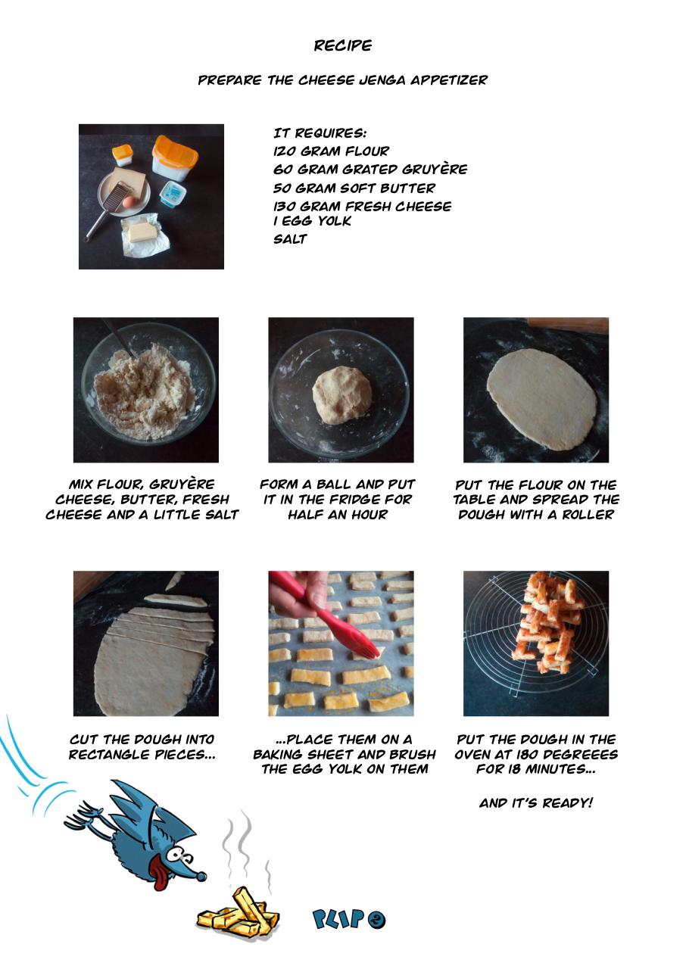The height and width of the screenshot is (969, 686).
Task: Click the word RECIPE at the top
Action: click(342, 45)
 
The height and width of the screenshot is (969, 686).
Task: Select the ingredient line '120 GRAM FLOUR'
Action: click(331, 151)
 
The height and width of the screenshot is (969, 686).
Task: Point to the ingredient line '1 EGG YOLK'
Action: click(312, 221)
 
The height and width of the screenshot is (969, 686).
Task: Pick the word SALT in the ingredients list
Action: click(290, 238)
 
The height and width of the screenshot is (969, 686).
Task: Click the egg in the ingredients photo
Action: click(129, 201)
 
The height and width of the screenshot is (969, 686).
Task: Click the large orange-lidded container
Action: click(175, 158)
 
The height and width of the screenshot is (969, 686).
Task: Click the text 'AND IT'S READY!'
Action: click(535, 803)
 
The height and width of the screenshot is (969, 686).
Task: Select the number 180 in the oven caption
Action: click(525, 755)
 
